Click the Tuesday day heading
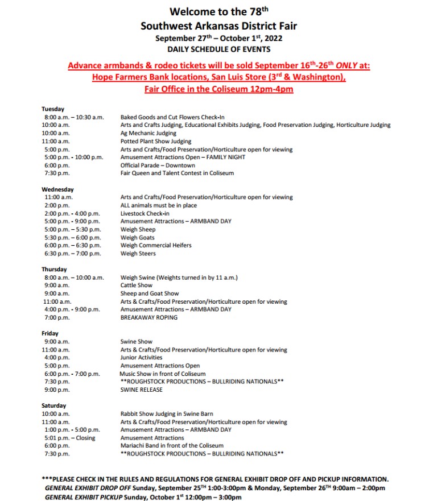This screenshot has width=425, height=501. tap(53, 109)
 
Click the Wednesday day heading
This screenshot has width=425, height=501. tap(57, 189)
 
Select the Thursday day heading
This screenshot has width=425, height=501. tap(54, 269)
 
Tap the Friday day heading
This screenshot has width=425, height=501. tap(50, 333)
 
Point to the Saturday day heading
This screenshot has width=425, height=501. tap(53, 405)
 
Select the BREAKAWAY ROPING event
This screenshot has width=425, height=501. tap(148, 317)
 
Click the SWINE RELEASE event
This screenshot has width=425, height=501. tap(141, 390)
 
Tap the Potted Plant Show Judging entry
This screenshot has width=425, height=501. tap(155, 141)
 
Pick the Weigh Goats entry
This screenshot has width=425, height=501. tap(137, 238)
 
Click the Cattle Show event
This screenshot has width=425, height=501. tap(136, 285)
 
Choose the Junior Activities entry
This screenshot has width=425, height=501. tap(141, 358)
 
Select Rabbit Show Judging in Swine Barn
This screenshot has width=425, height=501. tap(167, 414)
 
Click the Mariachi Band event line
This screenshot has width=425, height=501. tap(172, 446)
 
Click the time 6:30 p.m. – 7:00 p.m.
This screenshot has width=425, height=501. tap(72, 254)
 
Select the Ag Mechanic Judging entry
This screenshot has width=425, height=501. tap(148, 133)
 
